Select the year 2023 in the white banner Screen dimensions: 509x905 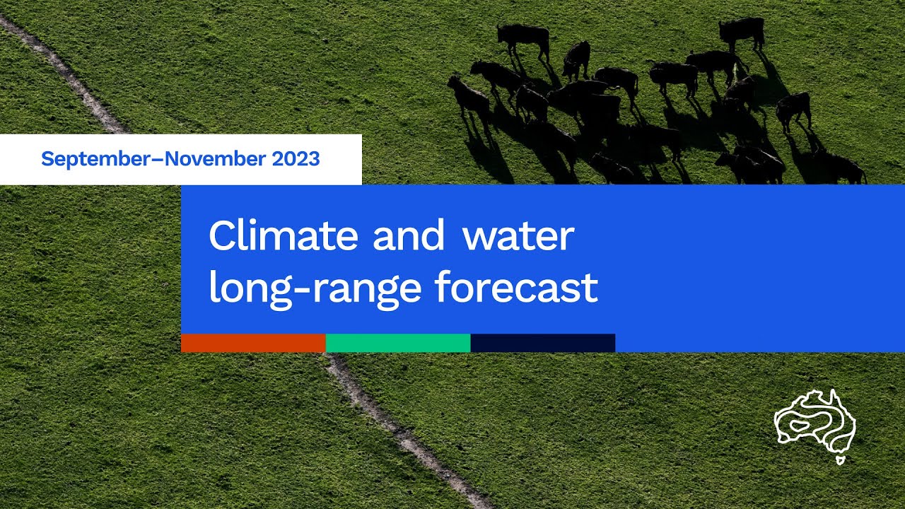tap(296, 159)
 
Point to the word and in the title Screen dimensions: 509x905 tap(409, 237)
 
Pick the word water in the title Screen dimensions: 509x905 tap(518, 237)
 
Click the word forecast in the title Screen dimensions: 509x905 tap(516, 288)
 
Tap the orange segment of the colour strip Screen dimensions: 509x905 tap(253, 343)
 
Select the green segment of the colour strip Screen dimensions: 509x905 tap(398, 343)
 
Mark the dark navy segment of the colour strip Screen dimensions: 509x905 tap(543, 343)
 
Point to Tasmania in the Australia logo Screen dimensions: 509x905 tap(840, 460)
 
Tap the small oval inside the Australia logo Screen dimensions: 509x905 tap(800, 426)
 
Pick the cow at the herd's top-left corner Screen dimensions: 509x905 tap(523, 40)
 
